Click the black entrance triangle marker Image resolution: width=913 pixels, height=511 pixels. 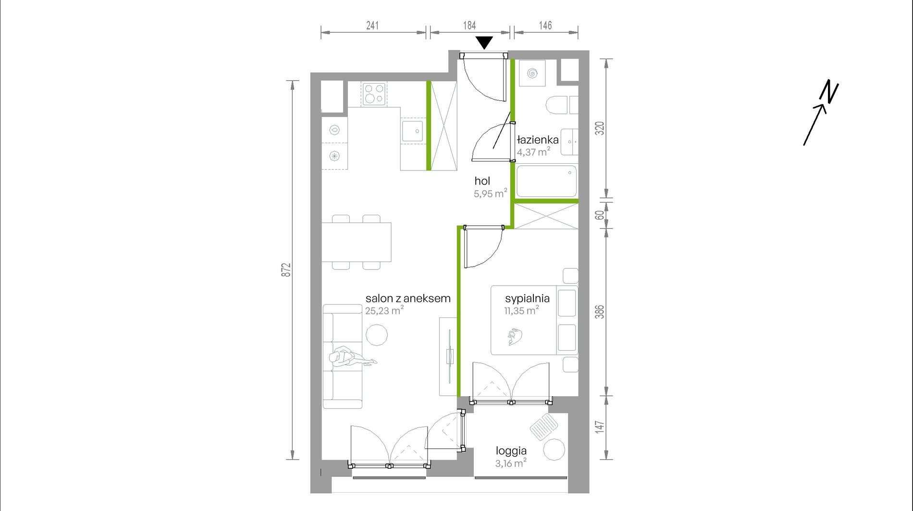click(x=485, y=43)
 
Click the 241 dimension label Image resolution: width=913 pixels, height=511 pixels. click(x=372, y=25)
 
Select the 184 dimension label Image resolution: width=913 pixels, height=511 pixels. click(x=469, y=25)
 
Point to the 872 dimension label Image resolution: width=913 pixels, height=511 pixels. click(x=286, y=270)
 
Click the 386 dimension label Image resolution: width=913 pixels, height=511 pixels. click(x=600, y=312)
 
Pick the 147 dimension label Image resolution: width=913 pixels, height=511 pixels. click(x=600, y=427)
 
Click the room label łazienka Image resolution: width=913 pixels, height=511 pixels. click(x=538, y=140)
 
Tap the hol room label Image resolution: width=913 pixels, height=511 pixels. click(x=482, y=181)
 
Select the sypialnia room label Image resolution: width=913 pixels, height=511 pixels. click(x=527, y=298)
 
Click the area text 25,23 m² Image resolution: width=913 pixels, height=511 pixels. click(x=384, y=311)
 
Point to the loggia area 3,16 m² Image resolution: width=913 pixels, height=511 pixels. click(x=511, y=463)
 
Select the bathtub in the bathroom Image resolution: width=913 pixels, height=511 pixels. click(x=546, y=181)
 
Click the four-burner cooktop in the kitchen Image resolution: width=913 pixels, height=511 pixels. click(x=374, y=94)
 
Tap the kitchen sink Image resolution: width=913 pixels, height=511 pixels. click(x=412, y=131)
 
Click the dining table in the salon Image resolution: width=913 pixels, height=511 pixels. click(x=356, y=242)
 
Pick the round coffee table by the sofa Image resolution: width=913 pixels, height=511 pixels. click(x=377, y=335)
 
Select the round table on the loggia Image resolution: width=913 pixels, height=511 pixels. click(x=554, y=450)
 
